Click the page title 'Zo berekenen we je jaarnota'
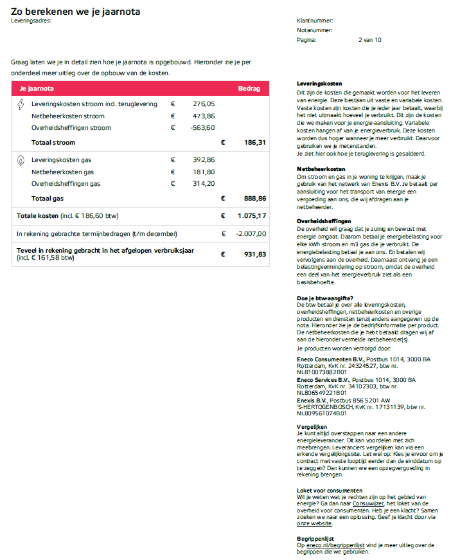click(x=76, y=12)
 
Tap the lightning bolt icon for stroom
click(x=21, y=104)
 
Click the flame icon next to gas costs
click(x=21, y=160)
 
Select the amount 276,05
click(x=204, y=104)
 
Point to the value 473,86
click(x=204, y=116)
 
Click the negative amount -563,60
click(x=203, y=128)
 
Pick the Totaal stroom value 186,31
click(x=254, y=143)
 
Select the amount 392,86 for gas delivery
click(x=204, y=159)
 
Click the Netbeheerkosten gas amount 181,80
click(x=204, y=172)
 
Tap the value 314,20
click(x=204, y=184)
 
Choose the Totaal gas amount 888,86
click(x=253, y=199)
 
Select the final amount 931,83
click(x=254, y=254)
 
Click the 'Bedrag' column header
click(x=249, y=88)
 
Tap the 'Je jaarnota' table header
click(x=37, y=88)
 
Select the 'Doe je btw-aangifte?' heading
click(x=325, y=297)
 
